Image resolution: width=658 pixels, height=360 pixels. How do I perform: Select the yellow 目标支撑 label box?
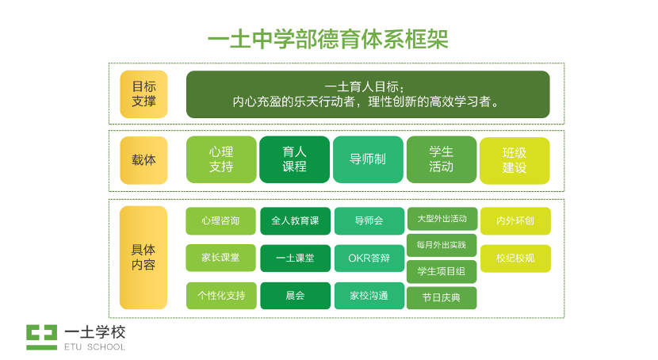tap(143, 94)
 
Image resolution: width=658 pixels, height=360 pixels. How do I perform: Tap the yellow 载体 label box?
tap(143, 159)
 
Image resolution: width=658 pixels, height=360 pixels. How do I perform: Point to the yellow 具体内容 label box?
tap(143, 257)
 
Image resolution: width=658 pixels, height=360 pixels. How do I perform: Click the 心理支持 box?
tap(221, 159)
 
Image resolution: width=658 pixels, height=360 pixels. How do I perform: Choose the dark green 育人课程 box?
tap(294, 159)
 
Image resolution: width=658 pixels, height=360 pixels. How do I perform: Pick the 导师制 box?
tap(368, 159)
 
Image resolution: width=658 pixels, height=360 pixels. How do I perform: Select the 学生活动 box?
tap(442, 159)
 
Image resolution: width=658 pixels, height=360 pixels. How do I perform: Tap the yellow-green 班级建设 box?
tap(515, 160)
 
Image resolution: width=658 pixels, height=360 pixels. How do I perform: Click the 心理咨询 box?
tap(221, 221)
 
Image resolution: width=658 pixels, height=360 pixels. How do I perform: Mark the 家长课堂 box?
tap(221, 258)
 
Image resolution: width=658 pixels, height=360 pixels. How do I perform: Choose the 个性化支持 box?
tap(221, 296)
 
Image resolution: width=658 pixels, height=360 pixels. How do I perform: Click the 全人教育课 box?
tap(295, 221)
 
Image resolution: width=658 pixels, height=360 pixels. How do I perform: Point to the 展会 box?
tap(295, 296)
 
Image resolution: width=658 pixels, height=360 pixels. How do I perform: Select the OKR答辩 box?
tap(368, 258)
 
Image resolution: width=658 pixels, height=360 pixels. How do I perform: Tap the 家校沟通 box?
tap(368, 296)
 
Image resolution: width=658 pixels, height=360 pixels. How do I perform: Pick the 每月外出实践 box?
tap(442, 244)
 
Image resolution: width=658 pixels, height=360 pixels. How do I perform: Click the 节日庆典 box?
tap(442, 297)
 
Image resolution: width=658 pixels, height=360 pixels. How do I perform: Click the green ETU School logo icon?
tap(41, 336)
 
